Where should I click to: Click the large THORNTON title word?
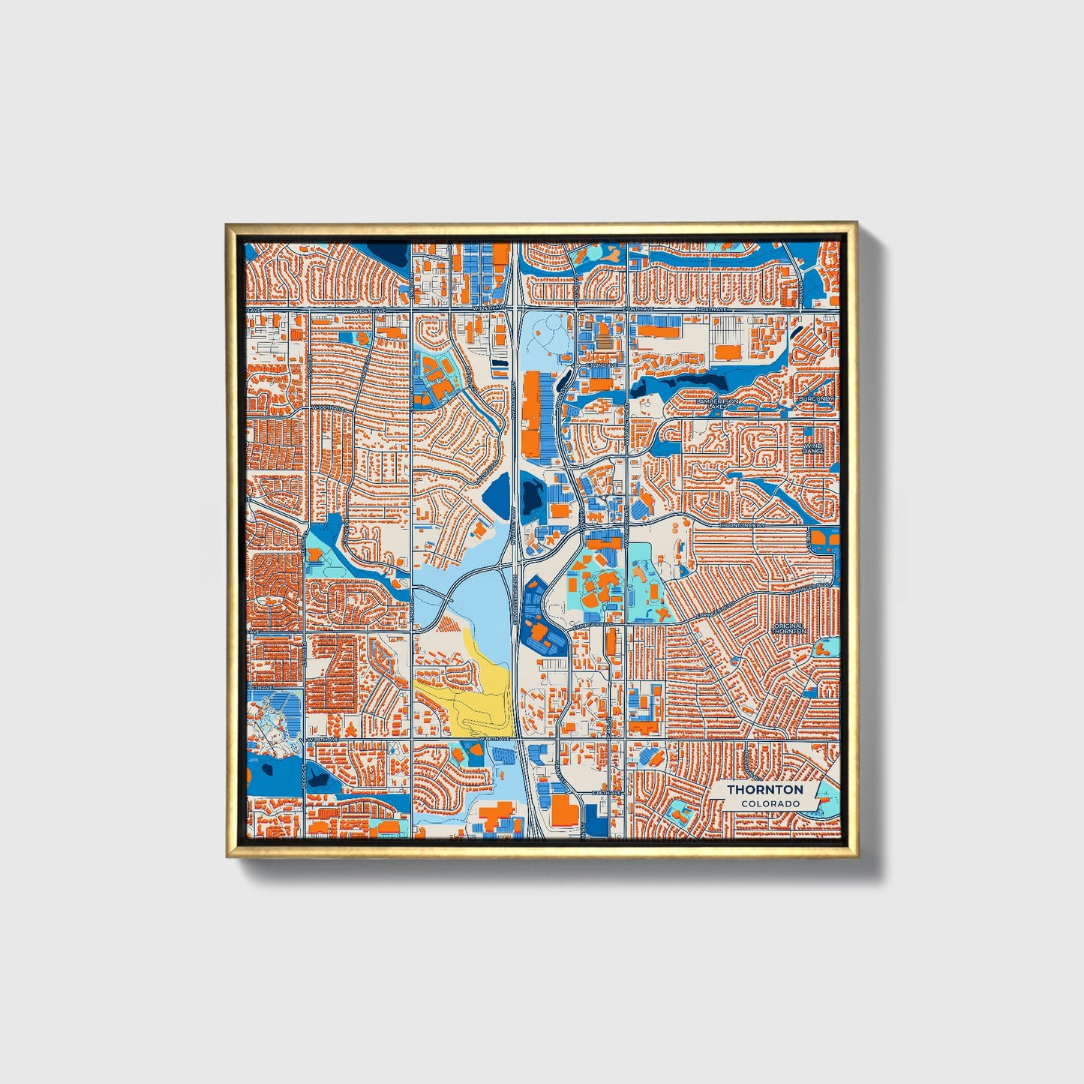click(x=764, y=790)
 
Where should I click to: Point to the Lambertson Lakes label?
click(x=718, y=404)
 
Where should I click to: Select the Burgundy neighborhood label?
click(x=816, y=398)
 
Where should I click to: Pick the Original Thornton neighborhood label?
click(x=788, y=629)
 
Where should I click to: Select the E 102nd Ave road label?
click(x=602, y=365)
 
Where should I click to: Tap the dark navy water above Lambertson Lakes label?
click(x=679, y=385)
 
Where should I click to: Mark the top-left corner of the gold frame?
click(x=227, y=224)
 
